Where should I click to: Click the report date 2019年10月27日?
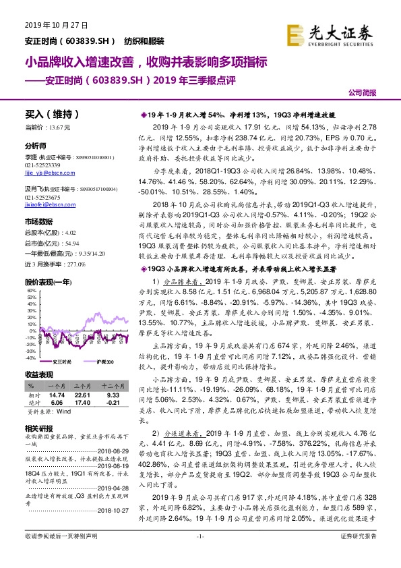coord(47,25)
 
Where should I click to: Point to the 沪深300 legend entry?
coord(102,362)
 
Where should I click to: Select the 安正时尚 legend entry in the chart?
coord(61,362)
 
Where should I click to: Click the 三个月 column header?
coord(83,386)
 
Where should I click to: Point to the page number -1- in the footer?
coord(199,555)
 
